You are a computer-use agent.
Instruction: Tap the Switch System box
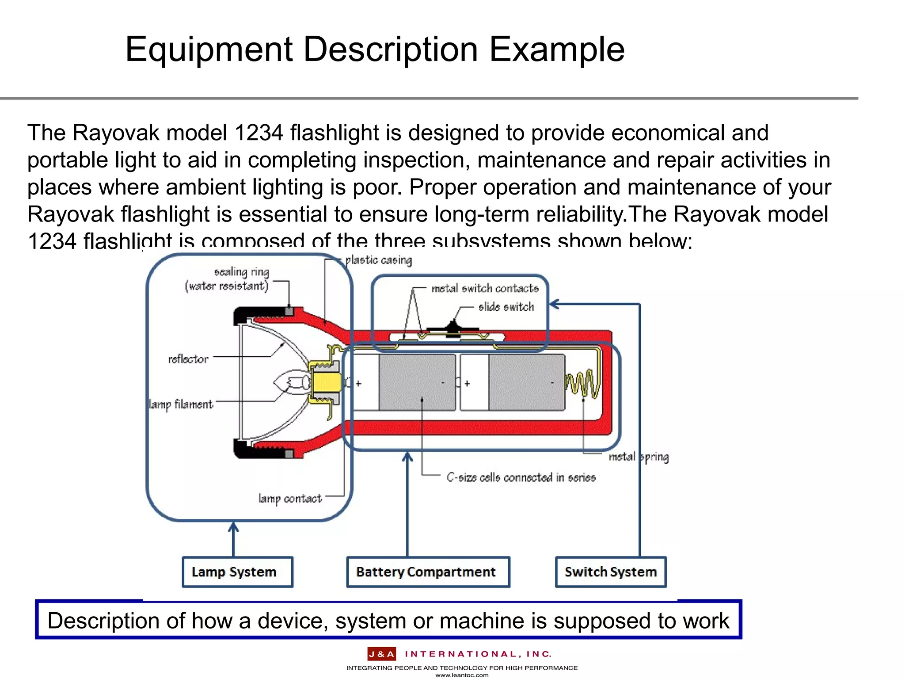(610, 572)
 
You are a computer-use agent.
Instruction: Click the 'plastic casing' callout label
(378, 260)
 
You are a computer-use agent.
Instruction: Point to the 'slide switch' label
(506, 307)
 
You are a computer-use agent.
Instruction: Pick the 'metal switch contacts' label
(485, 289)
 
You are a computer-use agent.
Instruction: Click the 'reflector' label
(188, 359)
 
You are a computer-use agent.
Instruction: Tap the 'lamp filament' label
(181, 404)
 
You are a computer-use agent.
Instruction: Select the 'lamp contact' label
(290, 499)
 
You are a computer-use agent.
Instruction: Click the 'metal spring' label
(638, 457)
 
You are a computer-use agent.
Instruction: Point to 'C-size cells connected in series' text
(521, 477)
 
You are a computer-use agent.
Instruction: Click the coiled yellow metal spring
(582, 384)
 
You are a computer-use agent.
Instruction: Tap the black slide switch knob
(452, 327)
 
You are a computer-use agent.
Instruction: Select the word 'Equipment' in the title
(209, 50)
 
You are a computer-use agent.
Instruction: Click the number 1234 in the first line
(259, 133)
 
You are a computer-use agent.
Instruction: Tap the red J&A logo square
(381, 654)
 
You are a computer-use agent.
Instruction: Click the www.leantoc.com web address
(462, 675)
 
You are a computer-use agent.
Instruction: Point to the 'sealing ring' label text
(241, 271)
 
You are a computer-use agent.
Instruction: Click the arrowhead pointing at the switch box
(554, 304)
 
